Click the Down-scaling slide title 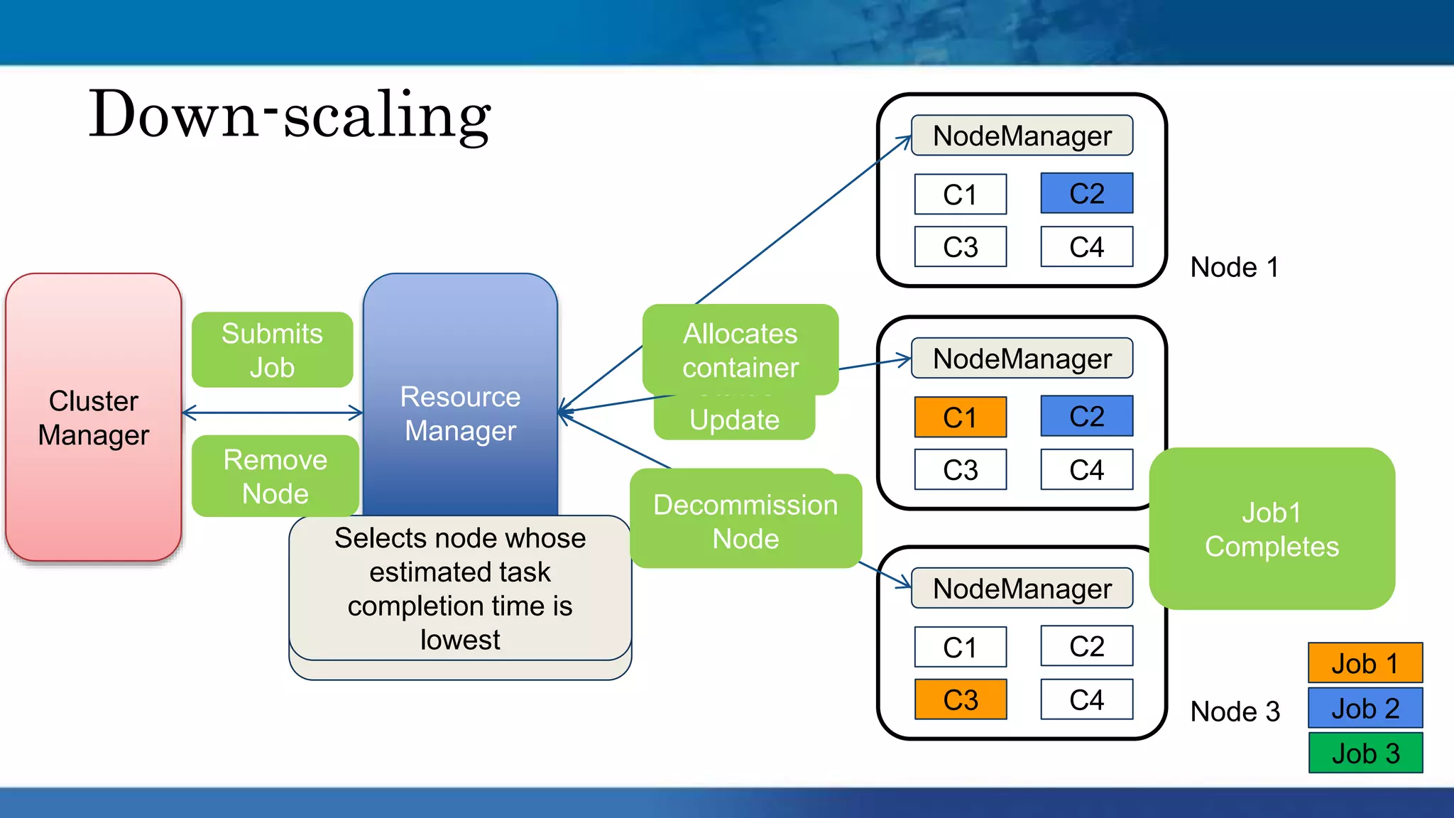coord(290,115)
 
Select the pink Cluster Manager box coord(94,418)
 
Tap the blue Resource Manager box coord(460,413)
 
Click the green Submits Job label coord(272,350)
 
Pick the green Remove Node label coord(275,476)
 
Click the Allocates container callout coord(740,350)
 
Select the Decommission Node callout coord(745,521)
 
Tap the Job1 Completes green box coord(1272,529)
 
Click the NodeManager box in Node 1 coord(1022,136)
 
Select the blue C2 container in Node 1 coord(1086,193)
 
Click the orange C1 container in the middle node coord(960,417)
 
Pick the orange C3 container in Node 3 coord(960,699)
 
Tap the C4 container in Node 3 coord(1086,699)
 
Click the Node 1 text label coord(1234,268)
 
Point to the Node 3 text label coord(1235,711)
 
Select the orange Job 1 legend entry coord(1365,663)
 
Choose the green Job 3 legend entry coord(1365,753)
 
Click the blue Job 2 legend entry coord(1365,708)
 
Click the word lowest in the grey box coord(460,640)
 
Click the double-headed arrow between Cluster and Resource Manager coord(273,413)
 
